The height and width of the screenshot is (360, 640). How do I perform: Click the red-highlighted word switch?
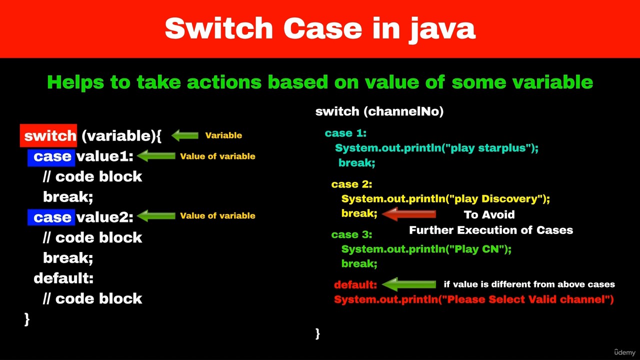[x=48, y=135]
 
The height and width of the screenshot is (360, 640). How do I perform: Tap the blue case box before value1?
[x=51, y=157]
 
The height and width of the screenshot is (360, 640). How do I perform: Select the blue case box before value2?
[x=51, y=217]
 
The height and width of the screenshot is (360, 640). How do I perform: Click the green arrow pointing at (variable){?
[x=185, y=135]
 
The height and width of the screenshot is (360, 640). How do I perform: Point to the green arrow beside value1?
[x=156, y=156]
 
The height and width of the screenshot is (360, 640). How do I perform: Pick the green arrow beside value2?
[x=156, y=215]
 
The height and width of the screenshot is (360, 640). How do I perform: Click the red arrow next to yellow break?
[x=409, y=214]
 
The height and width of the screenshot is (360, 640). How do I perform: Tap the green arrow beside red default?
[x=409, y=284]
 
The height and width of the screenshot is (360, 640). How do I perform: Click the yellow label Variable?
[x=223, y=135]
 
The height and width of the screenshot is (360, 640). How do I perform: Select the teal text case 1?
[x=345, y=133]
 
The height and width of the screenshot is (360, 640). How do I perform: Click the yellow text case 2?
[x=351, y=184]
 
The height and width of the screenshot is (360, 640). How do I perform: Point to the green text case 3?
[x=351, y=234]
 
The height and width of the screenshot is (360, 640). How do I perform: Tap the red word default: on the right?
[x=355, y=285]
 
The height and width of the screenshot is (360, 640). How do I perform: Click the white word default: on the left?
[x=63, y=278]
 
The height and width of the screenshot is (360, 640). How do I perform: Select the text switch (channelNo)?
[x=379, y=111]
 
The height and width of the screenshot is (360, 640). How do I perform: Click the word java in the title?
[x=441, y=29]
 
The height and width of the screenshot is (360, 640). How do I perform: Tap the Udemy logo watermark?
[x=624, y=352]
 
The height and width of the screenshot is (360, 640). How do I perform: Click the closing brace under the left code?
[x=27, y=319]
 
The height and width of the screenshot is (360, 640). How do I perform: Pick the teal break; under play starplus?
[x=356, y=163]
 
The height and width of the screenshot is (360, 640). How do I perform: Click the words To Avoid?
[x=489, y=214]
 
